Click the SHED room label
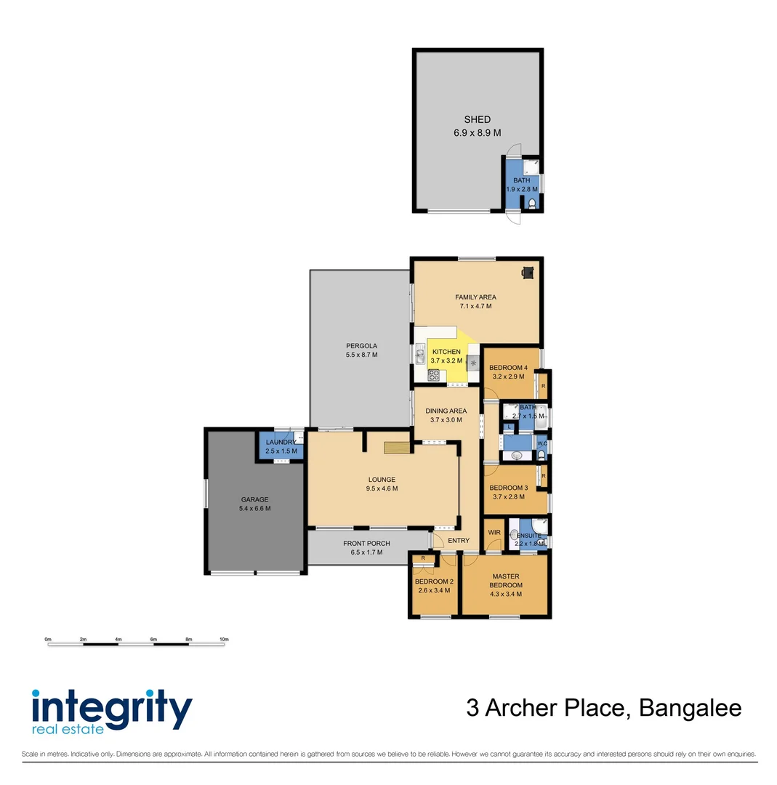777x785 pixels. (x=477, y=119)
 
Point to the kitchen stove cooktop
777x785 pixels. (x=434, y=375)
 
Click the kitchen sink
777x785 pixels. (x=420, y=355)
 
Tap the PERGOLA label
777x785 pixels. (x=361, y=345)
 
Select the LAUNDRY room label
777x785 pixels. (x=280, y=443)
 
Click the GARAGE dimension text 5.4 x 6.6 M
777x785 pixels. (x=254, y=509)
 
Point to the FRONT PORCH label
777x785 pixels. (x=366, y=544)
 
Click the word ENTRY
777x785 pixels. (x=459, y=540)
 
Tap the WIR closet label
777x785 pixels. (x=494, y=533)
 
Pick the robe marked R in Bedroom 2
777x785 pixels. (x=423, y=558)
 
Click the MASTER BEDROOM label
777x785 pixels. (x=505, y=581)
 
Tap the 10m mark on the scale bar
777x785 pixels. (x=225, y=640)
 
